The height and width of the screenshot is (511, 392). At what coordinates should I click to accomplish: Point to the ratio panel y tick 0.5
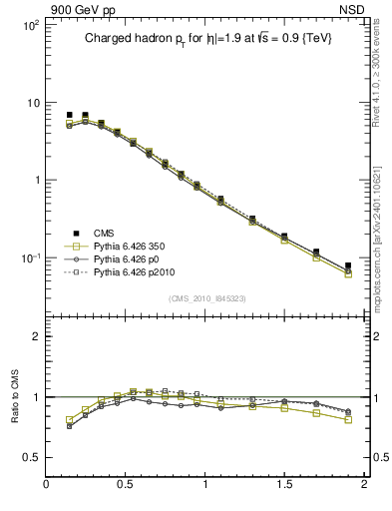[31, 457]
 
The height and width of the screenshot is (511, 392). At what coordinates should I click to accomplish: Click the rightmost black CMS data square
[348, 265]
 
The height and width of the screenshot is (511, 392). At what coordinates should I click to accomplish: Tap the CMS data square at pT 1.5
[284, 237]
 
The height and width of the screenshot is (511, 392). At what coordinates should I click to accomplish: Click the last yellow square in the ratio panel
[348, 420]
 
